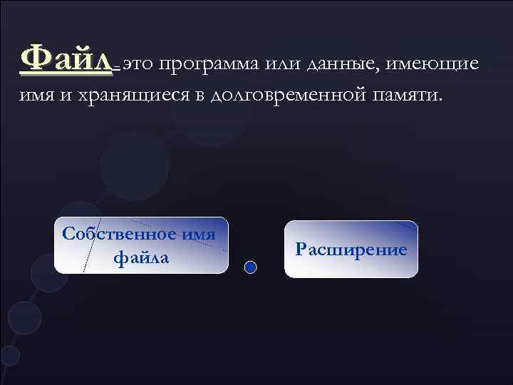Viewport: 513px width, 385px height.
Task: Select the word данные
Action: [345, 63]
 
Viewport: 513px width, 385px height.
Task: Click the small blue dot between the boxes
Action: [250, 267]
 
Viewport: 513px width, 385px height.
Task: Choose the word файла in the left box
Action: [141, 257]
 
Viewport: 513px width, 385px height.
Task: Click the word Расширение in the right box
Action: [351, 250]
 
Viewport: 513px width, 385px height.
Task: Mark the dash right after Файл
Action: [118, 67]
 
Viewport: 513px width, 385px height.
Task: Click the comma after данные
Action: [382, 68]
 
